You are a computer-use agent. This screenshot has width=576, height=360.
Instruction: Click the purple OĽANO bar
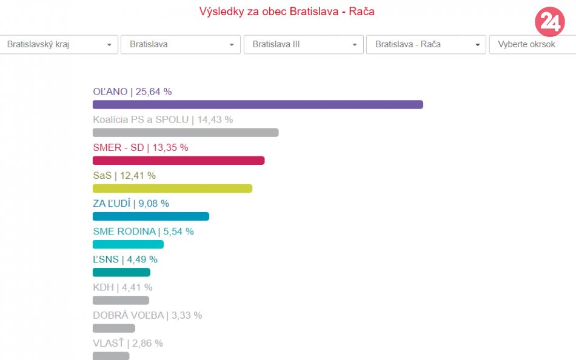(x=258, y=104)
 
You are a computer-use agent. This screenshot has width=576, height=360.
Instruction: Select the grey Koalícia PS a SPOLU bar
(x=186, y=132)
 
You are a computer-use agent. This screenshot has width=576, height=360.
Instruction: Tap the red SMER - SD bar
(x=178, y=161)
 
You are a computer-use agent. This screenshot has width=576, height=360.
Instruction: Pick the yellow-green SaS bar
(x=172, y=188)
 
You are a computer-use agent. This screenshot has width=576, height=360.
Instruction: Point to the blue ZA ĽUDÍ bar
(x=150, y=216)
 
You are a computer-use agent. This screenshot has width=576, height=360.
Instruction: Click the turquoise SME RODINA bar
(x=128, y=244)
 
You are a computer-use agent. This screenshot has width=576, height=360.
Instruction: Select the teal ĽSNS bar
(x=121, y=272)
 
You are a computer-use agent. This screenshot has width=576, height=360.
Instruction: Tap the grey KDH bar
(x=121, y=300)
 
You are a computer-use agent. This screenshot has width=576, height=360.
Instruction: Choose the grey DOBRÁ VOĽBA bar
(x=113, y=328)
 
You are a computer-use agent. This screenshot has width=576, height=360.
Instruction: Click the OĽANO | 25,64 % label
(x=132, y=92)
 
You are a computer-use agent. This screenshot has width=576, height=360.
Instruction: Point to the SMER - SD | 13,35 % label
(x=140, y=147)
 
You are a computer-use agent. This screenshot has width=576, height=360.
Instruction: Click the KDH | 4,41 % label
(x=122, y=287)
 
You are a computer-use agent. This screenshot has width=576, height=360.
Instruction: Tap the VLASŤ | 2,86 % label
(x=127, y=343)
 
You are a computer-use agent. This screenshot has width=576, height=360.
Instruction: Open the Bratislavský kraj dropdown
(x=58, y=44)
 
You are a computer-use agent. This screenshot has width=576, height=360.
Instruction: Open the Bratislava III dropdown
(x=303, y=44)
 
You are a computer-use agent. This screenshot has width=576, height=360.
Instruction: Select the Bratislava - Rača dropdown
(x=426, y=44)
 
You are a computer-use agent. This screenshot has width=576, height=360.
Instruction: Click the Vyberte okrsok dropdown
(x=532, y=44)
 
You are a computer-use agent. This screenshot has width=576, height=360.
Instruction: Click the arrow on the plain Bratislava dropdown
(x=232, y=45)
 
